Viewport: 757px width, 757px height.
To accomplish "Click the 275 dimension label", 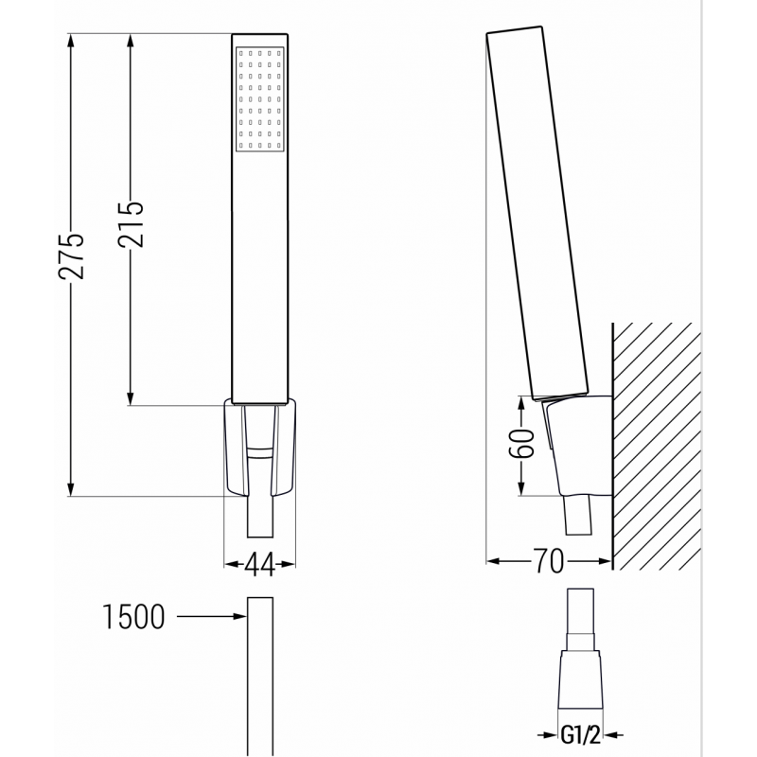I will tap(72, 255).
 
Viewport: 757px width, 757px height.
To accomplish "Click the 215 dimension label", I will tap(131, 224).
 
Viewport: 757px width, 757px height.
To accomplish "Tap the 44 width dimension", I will tap(258, 565).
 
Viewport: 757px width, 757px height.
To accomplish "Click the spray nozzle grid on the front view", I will tap(258, 97).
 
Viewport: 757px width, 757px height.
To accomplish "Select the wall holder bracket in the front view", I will tap(258, 445).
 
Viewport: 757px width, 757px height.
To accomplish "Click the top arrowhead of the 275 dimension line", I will tap(72, 41).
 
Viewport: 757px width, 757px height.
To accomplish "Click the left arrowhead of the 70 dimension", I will tap(492, 562).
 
